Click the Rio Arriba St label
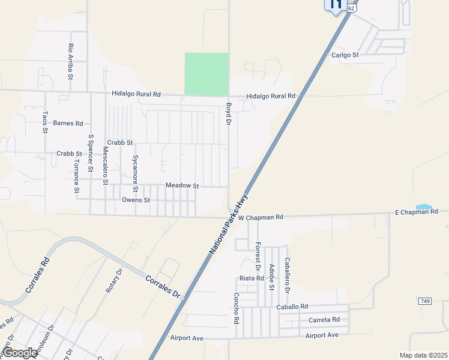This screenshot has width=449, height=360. pos(71,62)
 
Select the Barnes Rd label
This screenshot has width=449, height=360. pos(68,124)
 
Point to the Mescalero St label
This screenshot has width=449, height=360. pos(105,164)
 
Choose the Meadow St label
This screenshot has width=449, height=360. pos(182,186)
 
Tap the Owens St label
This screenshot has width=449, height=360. pos(136,200)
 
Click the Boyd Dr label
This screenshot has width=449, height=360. pos(228,114)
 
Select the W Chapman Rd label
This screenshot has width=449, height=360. pos(260,217)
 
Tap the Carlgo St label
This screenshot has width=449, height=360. pos(345,55)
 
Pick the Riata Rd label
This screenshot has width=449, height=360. pos(252,278)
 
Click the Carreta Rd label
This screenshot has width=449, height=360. pos(324,319)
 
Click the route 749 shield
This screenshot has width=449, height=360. pos(425,301)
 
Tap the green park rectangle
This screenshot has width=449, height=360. pos(206,74)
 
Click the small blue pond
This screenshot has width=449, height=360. pos(423,207)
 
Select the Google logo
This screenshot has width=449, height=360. pos(19,353)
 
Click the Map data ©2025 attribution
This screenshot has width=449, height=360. pos(423,355)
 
